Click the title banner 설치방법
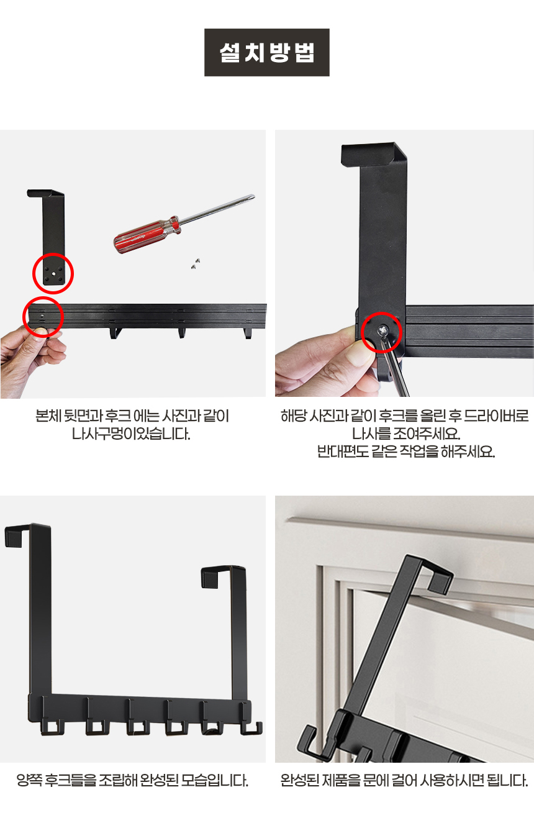click(x=267, y=52)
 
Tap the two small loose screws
click(x=196, y=263)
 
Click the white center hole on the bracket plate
click(x=54, y=273)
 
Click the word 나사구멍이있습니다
click(x=131, y=434)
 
